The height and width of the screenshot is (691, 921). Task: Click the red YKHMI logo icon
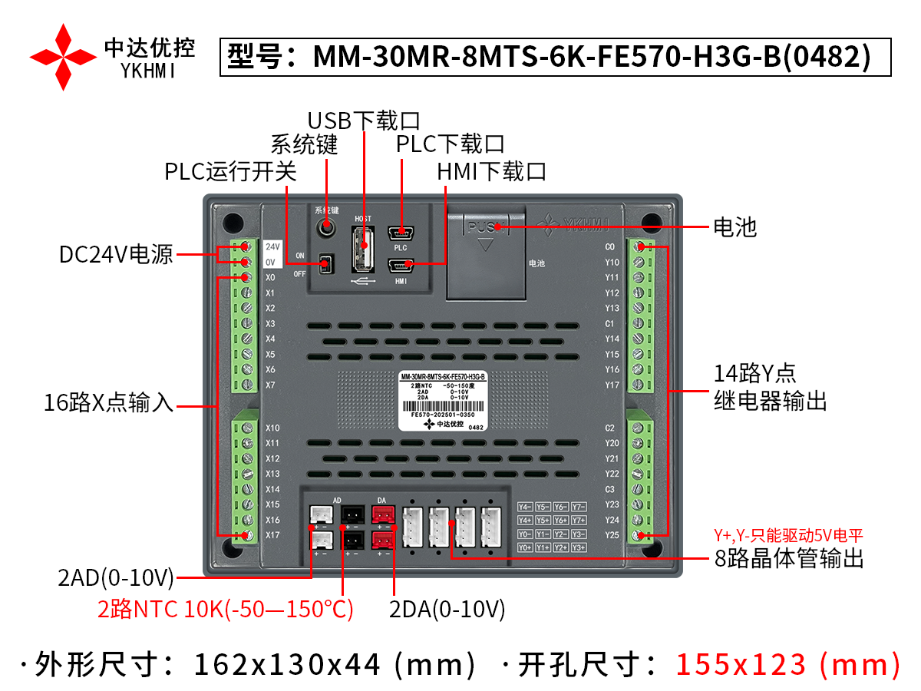pos(64,57)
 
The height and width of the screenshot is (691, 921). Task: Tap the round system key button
pos(328,227)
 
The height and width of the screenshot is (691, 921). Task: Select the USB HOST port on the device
pos(364,248)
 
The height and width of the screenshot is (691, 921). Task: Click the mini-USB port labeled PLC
pos(400,232)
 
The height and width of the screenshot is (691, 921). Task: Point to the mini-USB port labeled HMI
pos(400,266)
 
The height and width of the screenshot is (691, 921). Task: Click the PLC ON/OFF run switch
pos(326,264)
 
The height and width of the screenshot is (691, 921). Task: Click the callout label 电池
pos(734,227)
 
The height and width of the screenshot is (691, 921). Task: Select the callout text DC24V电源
pos(116,254)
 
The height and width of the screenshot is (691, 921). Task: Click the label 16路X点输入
pos(108,404)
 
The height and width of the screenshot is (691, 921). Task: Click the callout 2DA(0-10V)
pos(447,610)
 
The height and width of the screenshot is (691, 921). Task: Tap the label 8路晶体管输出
pos(789,558)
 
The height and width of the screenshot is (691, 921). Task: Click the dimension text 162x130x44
pos(287,664)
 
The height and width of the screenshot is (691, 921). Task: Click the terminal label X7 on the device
pos(270,385)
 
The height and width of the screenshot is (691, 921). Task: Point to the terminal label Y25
pos(612,535)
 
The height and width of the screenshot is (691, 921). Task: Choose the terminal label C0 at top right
pos(610,247)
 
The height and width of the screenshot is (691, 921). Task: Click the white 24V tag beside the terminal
pos(272,247)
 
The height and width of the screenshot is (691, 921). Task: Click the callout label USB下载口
pos(364,121)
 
